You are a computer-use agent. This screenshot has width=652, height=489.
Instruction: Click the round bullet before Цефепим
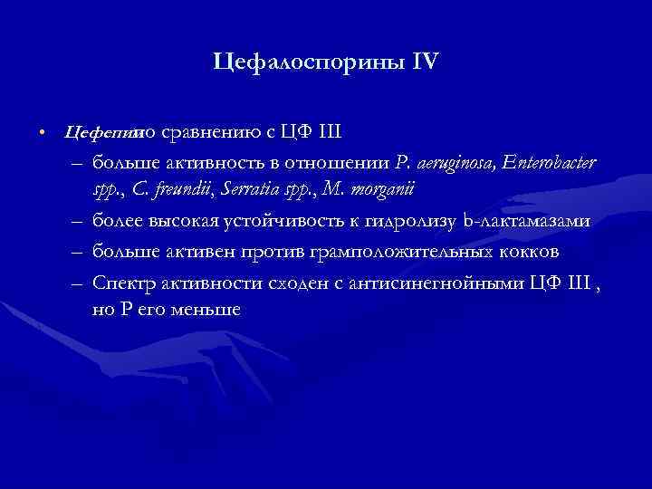(x=43, y=134)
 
